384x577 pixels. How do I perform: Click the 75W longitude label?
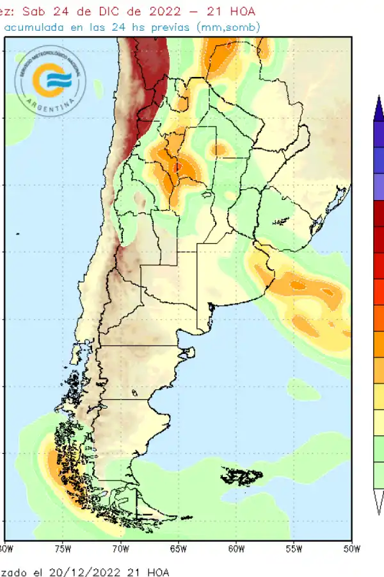click(63, 548)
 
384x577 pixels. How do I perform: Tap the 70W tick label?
click(120, 548)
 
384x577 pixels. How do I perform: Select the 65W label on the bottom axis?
click(178, 548)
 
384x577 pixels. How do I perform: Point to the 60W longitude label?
click(236, 548)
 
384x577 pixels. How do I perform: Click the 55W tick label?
click(294, 548)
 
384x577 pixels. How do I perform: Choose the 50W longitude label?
click(351, 548)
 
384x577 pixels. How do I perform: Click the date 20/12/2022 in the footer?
click(93, 571)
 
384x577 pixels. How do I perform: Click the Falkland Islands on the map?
click(242, 476)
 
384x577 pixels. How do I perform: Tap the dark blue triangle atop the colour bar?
click(380, 108)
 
